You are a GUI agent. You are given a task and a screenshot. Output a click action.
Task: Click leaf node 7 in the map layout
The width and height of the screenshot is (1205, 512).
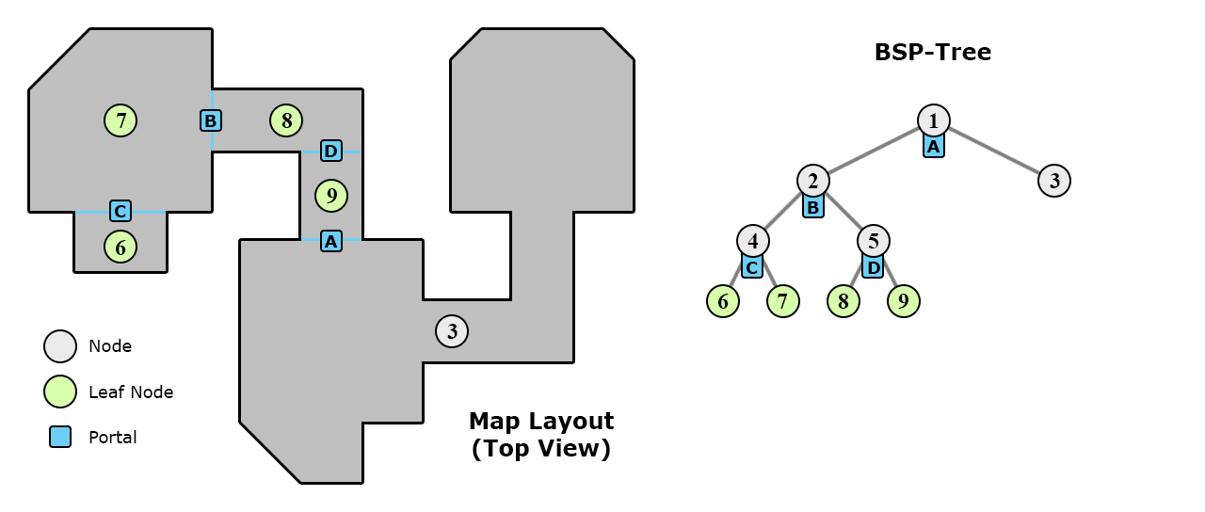[x=120, y=120]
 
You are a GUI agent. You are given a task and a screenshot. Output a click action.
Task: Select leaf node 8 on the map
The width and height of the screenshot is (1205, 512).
[x=286, y=120]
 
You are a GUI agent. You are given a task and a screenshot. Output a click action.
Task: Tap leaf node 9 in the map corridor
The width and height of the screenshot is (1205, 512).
[x=330, y=196]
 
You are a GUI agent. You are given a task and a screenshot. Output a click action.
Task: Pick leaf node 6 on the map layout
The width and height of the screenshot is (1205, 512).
[x=120, y=247]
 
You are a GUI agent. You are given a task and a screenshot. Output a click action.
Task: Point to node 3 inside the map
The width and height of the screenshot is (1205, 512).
[x=452, y=331]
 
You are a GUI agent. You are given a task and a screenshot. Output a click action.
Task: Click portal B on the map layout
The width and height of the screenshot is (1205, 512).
[x=211, y=120]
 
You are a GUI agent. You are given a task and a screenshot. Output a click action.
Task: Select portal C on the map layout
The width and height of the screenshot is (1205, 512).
[x=120, y=211]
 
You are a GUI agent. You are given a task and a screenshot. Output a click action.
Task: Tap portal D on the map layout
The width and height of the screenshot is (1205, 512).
[x=330, y=151]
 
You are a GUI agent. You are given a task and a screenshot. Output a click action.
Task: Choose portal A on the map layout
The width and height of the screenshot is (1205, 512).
[x=330, y=241]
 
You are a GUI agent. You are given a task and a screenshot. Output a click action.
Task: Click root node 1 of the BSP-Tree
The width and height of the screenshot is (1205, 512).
[x=933, y=120]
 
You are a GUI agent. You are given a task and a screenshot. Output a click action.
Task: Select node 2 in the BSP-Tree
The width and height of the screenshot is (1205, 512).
[x=813, y=181]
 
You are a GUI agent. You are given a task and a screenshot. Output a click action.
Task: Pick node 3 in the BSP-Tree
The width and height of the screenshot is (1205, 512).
[x=1054, y=181]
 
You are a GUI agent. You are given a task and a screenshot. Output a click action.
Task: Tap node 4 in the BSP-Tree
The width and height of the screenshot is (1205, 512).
[x=753, y=241]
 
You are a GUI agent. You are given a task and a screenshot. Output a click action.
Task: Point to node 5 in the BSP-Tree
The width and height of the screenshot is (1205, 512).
[x=874, y=241]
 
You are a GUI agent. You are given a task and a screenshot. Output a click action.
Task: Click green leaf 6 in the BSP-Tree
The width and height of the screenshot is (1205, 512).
[x=723, y=301]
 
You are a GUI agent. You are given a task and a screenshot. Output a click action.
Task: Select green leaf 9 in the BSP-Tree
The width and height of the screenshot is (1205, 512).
[x=904, y=301]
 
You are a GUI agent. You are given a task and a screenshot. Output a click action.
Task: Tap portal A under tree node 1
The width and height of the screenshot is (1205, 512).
[x=933, y=146]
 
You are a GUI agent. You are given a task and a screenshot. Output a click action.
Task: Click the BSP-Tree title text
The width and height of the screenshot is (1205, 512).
[x=932, y=53]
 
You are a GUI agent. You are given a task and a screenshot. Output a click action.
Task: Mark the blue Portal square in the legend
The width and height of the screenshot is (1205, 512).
[x=60, y=437]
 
